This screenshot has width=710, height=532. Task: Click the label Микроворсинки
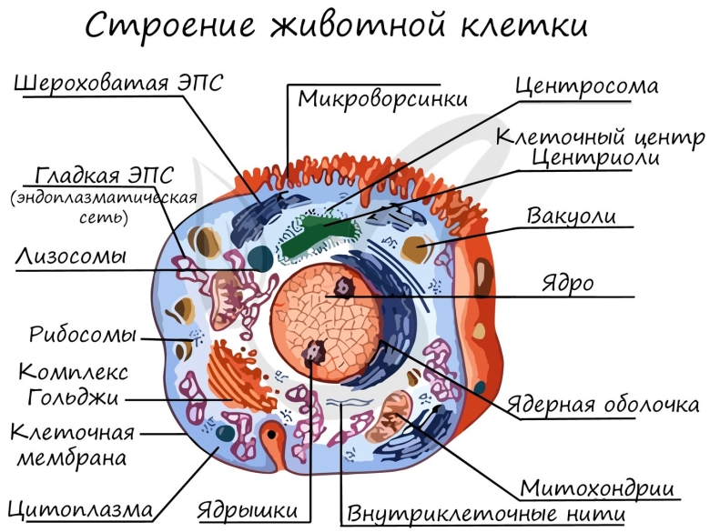(x=382, y=97)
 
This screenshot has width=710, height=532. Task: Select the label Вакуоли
(x=572, y=216)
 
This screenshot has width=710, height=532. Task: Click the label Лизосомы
(x=70, y=256)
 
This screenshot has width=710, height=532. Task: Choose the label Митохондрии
(x=596, y=487)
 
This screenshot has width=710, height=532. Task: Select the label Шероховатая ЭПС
(x=118, y=83)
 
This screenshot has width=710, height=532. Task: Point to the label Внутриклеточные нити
(x=484, y=514)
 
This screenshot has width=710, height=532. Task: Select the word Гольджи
(x=73, y=396)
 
